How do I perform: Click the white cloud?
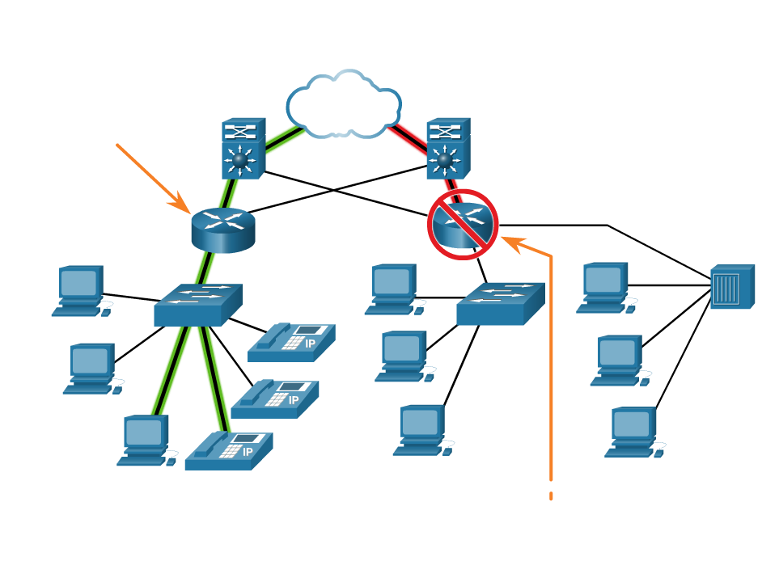click(343, 105)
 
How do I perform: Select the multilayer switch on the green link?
click(239, 150)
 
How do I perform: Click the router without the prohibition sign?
click(222, 228)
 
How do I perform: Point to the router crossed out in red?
click(463, 225)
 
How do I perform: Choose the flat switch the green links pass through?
click(197, 305)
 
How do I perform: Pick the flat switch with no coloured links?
click(500, 304)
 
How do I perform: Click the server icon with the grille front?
click(731, 287)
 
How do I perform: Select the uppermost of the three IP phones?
click(291, 341)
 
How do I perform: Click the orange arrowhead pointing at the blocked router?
click(510, 240)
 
